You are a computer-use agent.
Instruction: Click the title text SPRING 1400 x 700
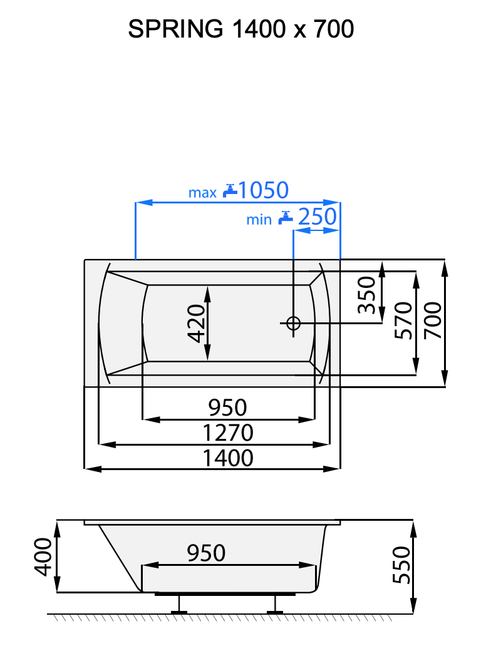[x=240, y=29]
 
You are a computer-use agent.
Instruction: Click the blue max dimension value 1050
[x=263, y=190]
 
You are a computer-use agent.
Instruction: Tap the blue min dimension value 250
[x=317, y=217]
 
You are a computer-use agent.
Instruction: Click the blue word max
[x=202, y=193]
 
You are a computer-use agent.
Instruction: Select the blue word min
[x=259, y=220]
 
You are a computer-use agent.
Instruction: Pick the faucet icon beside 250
[x=286, y=217]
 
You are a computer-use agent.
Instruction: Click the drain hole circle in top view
[x=293, y=323]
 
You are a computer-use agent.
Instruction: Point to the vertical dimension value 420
[x=197, y=323]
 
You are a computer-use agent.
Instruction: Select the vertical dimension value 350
[x=366, y=295]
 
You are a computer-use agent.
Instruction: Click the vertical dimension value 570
[x=404, y=320]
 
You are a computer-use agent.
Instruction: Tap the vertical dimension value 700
[x=433, y=320]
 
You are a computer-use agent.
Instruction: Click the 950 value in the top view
[x=228, y=408]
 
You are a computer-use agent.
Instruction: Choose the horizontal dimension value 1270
[x=228, y=433]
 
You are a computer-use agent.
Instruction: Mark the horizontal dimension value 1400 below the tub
[x=228, y=458]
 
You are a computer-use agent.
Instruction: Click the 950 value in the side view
[x=206, y=553]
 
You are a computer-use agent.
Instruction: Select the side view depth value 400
[x=42, y=556]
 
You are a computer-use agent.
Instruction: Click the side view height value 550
[x=401, y=565]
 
